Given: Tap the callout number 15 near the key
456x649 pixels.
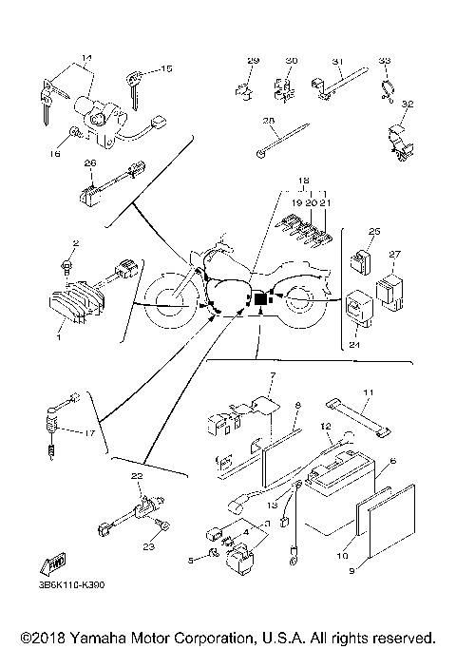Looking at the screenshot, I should click(167, 69).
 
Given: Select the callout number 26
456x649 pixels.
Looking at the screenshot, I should click(90, 163).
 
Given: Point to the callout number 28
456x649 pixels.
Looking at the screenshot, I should click(269, 121).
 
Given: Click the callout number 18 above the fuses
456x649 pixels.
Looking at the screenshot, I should click(304, 180).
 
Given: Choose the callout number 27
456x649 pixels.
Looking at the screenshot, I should click(395, 255).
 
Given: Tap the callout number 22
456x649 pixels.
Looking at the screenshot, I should click(136, 475).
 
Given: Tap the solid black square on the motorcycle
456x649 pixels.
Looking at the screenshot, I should click(260, 299).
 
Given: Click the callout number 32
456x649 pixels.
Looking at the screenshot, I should click(408, 104).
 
